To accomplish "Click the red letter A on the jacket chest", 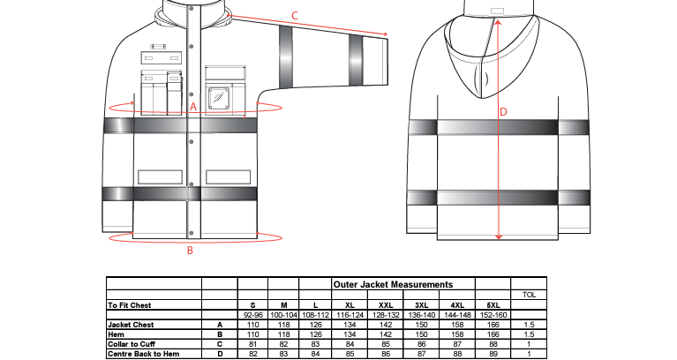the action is [193, 107].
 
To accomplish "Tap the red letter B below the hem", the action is [190, 251].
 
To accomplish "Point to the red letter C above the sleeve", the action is [295, 16].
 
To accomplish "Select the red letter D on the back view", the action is [503, 112].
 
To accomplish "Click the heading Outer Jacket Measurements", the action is [393, 284].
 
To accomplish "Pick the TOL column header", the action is [529, 295].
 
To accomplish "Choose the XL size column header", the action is [350, 305].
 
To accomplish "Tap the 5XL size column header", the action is [493, 305].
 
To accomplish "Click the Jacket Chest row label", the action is [131, 325].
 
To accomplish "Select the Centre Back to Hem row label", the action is [143, 354].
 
